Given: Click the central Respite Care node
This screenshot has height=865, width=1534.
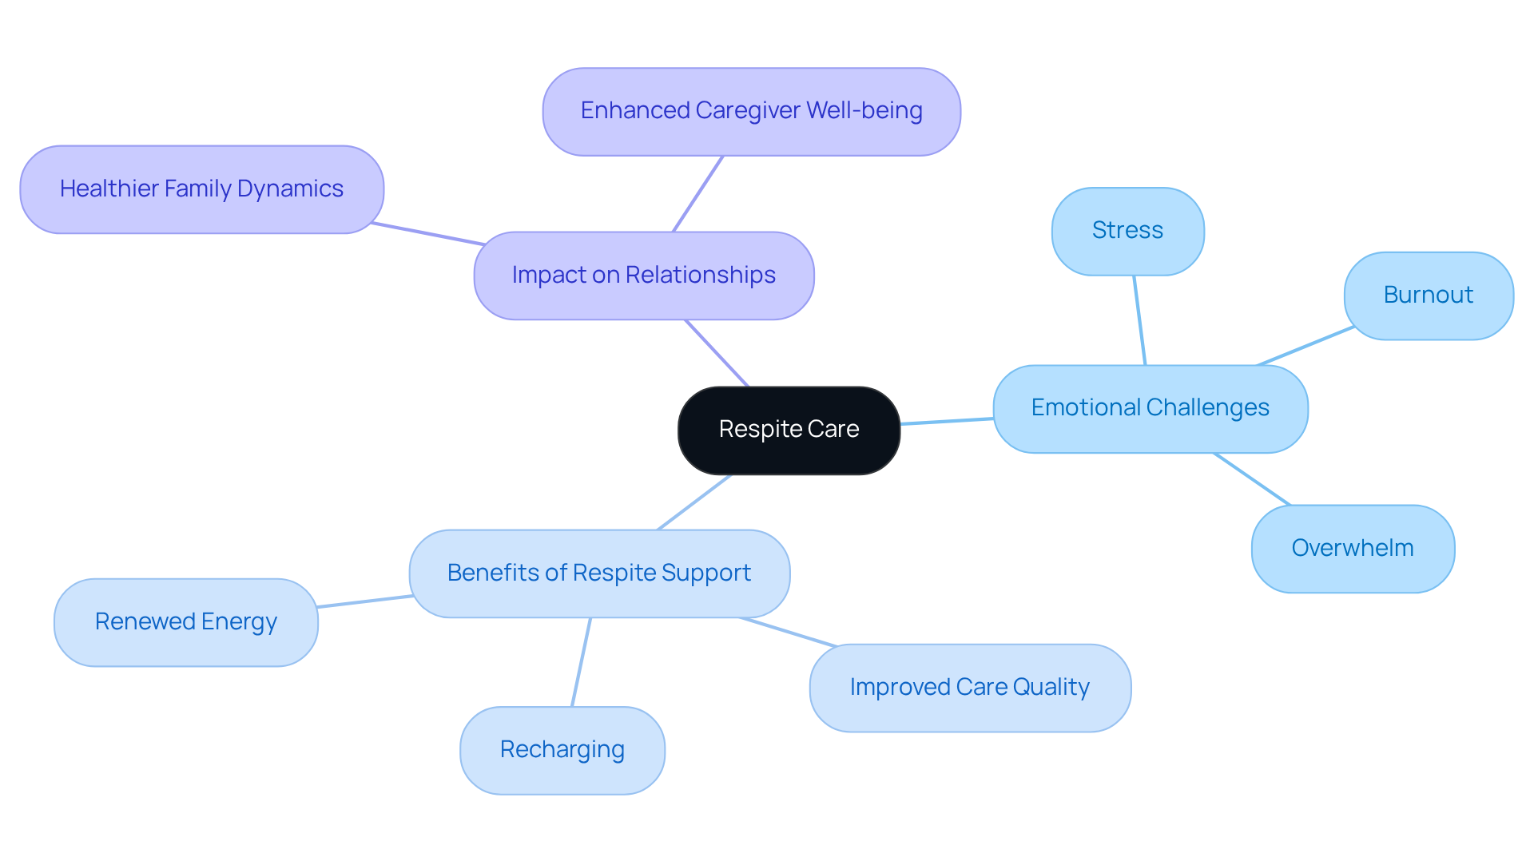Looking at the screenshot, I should pos(789,430).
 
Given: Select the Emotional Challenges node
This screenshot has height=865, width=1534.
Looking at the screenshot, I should pos(1150,408).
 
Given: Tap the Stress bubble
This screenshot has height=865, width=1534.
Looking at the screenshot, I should pos(1127,231).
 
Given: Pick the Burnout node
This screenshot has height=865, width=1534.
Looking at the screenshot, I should pos(1428,296).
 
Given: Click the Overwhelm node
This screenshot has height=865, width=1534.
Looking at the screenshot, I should pos(1352,548).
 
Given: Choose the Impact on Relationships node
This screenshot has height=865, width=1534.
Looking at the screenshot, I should pos(643,276).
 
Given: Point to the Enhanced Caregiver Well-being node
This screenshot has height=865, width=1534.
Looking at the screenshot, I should pos(751,111).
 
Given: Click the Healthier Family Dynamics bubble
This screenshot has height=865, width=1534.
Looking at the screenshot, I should pos(201,189).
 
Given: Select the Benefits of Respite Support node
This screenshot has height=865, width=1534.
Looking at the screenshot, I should pos(599,573).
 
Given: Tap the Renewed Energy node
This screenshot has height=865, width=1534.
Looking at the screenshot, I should pos(185,621).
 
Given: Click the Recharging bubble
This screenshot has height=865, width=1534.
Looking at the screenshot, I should pos(562,749).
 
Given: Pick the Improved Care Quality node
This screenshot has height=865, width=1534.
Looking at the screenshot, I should pos(969,687).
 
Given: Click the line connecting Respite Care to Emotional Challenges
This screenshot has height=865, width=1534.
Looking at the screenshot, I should pos(947,421).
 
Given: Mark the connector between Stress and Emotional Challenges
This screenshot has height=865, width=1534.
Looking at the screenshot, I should pos(1139,320).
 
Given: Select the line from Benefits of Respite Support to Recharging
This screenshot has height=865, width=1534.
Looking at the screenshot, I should pos(581,662).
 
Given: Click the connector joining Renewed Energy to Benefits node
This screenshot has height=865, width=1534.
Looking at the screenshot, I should pos(364,601).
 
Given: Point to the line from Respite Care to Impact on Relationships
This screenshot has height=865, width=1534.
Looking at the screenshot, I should pos(717,353).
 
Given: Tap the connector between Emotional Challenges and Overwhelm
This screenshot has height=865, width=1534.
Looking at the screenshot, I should pos(1252,479).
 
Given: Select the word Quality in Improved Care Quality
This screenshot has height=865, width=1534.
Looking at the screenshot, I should pos(1051,687).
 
